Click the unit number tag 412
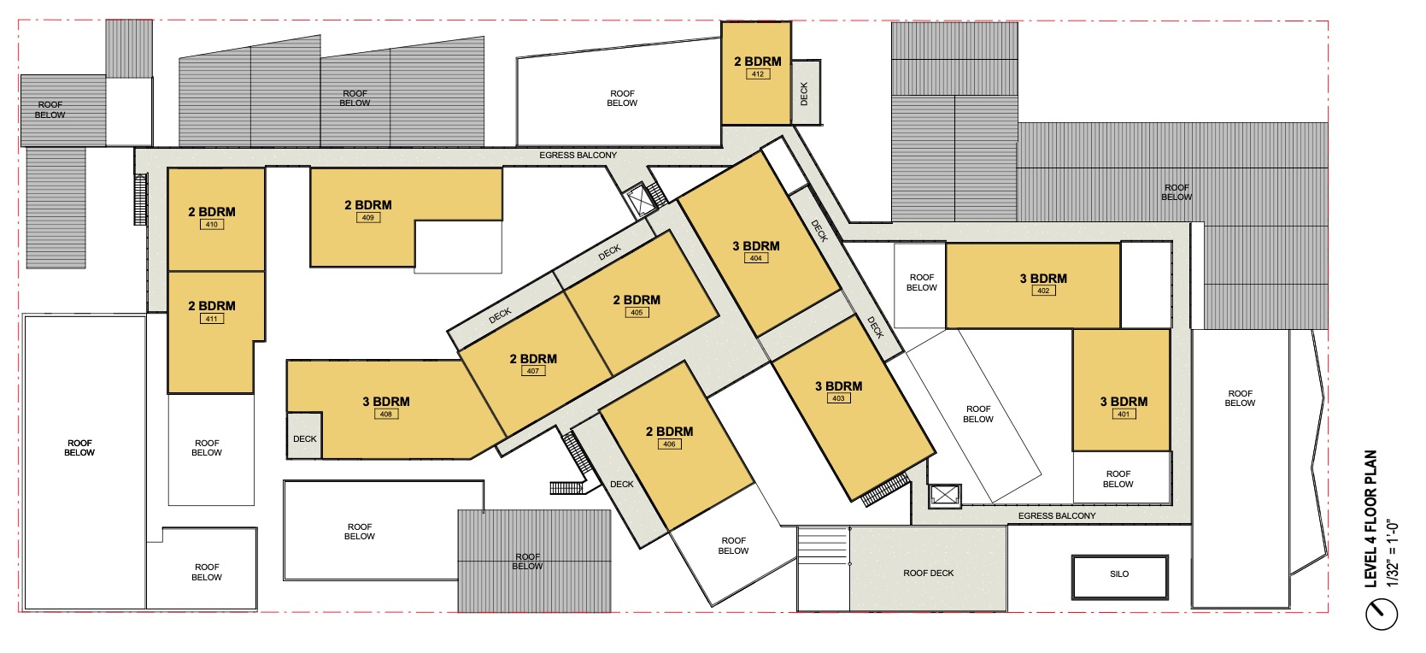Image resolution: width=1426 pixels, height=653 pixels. [x=758, y=74]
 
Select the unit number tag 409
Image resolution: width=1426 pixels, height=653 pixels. [x=368, y=217]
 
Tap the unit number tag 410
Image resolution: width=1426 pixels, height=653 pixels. [x=212, y=224]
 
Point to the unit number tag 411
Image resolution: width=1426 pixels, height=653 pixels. [x=212, y=319]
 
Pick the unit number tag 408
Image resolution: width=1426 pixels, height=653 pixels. [x=386, y=414]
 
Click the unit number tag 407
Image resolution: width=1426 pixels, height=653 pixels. [x=533, y=371]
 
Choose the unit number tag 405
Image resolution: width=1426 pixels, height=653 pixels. [x=637, y=312]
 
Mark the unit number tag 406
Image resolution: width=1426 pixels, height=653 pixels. [x=670, y=444]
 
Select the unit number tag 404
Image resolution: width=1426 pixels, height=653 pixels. [x=756, y=258]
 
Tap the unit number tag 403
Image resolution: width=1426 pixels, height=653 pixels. [x=839, y=398]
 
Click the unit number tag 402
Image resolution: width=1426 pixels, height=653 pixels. [x=1044, y=291]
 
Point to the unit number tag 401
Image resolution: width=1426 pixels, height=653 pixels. [x=1124, y=414]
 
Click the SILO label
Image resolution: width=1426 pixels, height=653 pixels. [x=1120, y=574]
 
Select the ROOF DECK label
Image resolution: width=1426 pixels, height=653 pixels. [x=929, y=574]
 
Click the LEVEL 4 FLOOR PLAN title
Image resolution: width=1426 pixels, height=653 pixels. [x=1370, y=519]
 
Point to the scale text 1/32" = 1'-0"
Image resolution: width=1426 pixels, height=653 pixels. [x=1393, y=554]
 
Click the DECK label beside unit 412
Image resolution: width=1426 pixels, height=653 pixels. [x=804, y=94]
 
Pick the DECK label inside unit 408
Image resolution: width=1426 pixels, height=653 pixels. [x=305, y=439]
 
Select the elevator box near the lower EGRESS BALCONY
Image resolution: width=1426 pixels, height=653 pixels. [x=945, y=495]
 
